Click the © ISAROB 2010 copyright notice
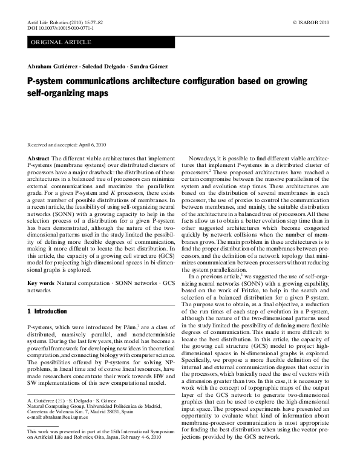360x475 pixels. click(x=312, y=22)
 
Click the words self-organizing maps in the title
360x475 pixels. click(x=68, y=94)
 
